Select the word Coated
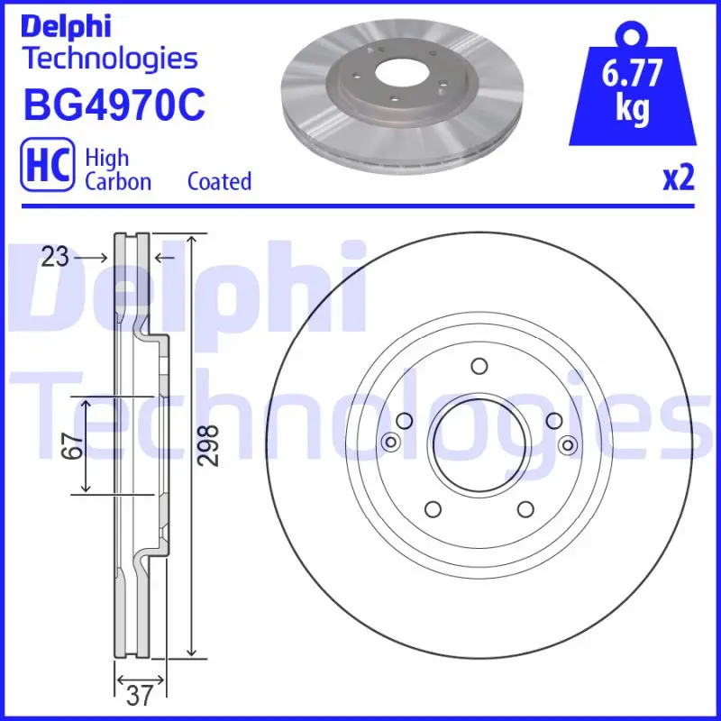[x=219, y=181]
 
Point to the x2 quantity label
[x=679, y=178]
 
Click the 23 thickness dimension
[x=55, y=258]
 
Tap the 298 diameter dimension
[x=208, y=445]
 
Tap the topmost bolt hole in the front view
[x=479, y=366]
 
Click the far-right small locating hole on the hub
[x=568, y=443]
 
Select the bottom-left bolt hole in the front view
[x=432, y=509]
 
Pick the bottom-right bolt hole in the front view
[x=525, y=509]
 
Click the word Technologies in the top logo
[x=109, y=59]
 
